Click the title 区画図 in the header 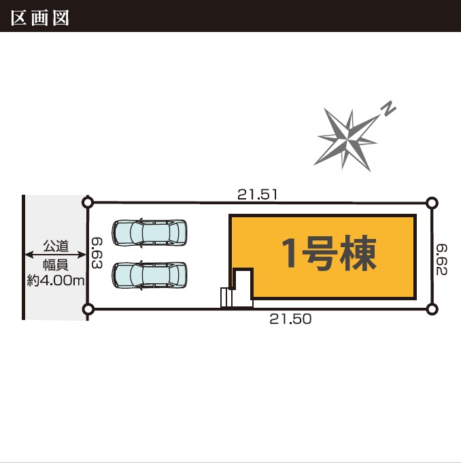(40, 17)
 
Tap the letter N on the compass (388, 108)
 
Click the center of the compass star (349, 138)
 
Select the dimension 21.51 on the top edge (258, 194)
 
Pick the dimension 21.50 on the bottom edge (290, 319)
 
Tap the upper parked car (150, 232)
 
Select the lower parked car (150, 275)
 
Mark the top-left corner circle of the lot (87, 202)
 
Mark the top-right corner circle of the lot (432, 202)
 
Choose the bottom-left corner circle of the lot (87, 309)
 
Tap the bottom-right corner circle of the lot (432, 309)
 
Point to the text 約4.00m (56, 280)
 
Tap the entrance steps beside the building (226, 298)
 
